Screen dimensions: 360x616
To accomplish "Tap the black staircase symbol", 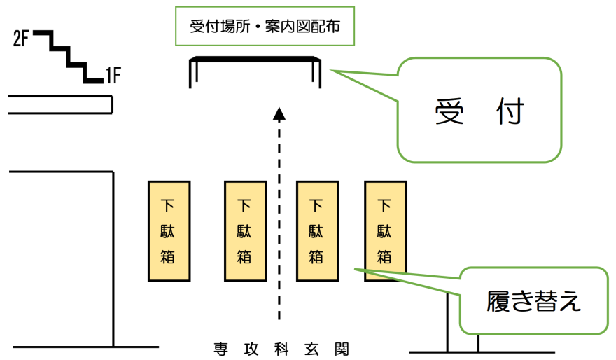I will (x=68, y=57).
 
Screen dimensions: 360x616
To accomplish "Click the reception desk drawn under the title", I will (x=255, y=62).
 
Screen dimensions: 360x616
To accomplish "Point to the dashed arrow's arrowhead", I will (x=279, y=113).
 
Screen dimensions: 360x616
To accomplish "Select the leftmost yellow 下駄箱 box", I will (x=169, y=231).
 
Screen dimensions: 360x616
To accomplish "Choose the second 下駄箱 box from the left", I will (x=244, y=231).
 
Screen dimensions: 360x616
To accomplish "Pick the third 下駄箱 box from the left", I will (x=317, y=231).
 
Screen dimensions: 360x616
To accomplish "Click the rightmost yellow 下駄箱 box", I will (x=385, y=231).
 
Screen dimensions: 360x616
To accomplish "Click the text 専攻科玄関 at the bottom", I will (x=281, y=348).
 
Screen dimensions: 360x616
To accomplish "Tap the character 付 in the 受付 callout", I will (x=509, y=111).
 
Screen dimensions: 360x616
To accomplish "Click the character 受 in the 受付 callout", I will (x=449, y=111).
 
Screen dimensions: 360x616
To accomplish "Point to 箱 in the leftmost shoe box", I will (x=169, y=256).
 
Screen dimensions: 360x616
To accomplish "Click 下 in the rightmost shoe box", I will (x=385, y=206).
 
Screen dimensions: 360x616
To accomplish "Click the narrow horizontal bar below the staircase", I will (x=60, y=105).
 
